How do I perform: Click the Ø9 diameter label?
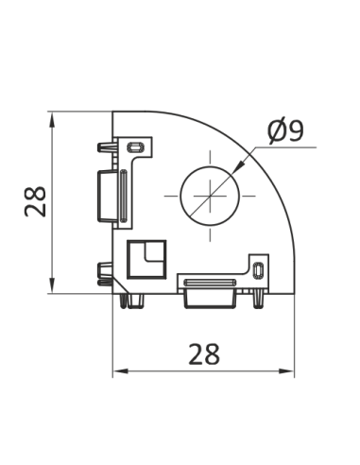tap(284, 131)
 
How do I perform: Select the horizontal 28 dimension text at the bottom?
tap(202, 354)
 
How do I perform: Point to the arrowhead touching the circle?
tap(237, 171)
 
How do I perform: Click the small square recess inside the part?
tap(146, 257)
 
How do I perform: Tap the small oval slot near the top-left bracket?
tap(136, 147)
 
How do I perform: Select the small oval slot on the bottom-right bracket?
tap(258, 271)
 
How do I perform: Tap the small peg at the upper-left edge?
tap(101, 148)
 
